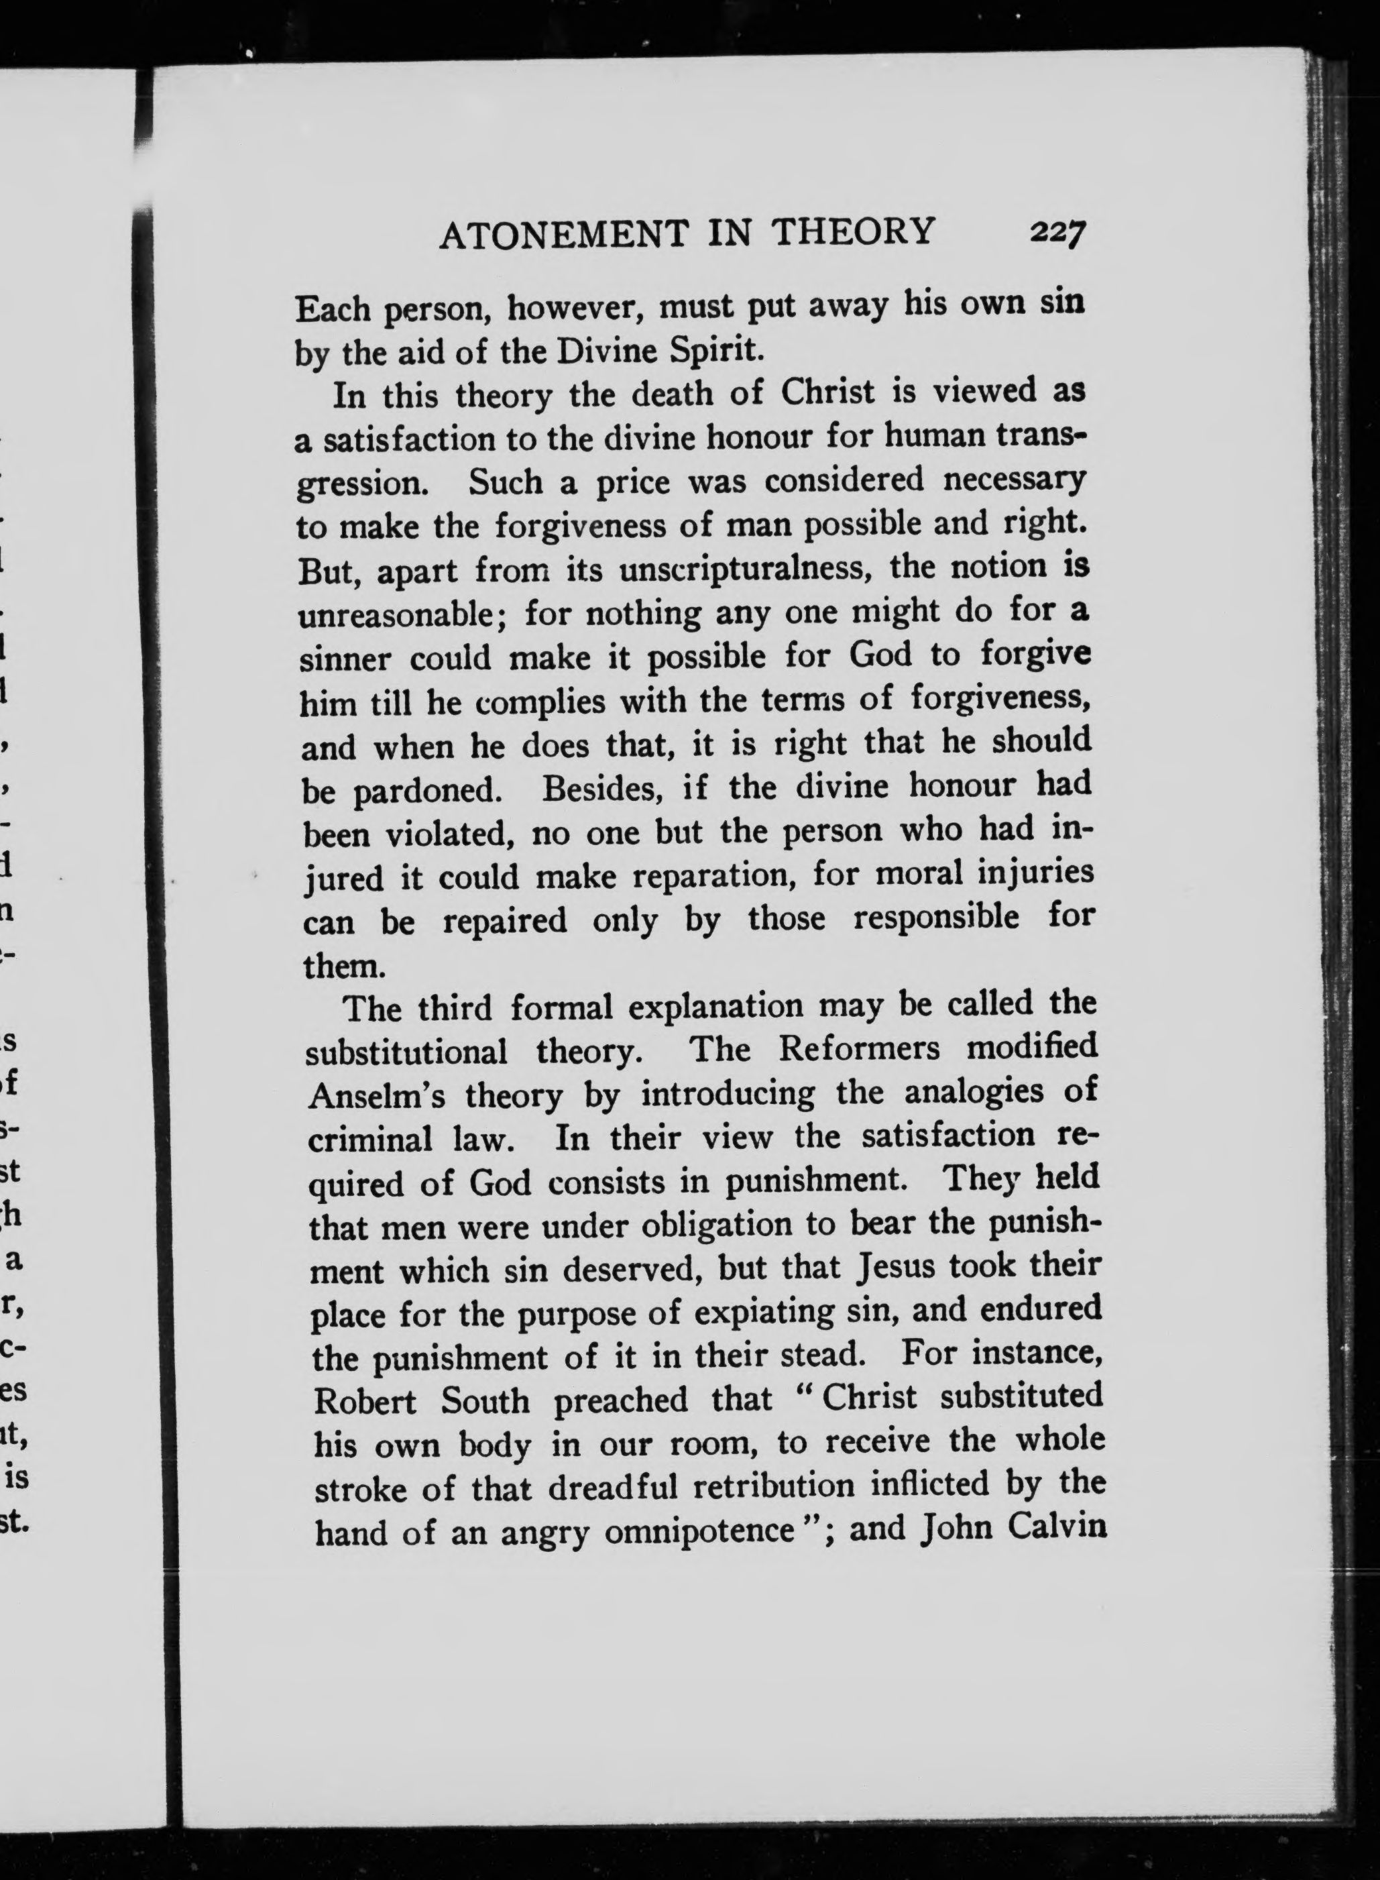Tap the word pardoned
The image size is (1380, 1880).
[426, 791]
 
